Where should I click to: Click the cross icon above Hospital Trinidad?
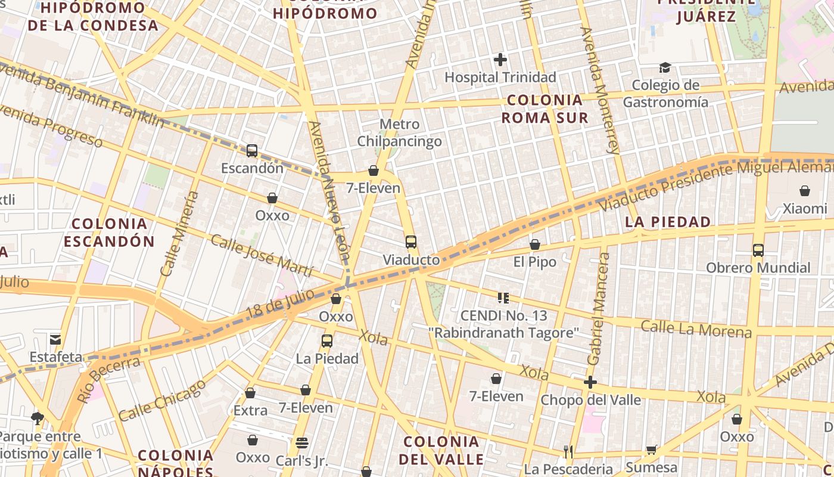click(x=500, y=60)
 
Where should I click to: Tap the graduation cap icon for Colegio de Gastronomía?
click(x=665, y=67)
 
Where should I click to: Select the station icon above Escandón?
click(x=252, y=151)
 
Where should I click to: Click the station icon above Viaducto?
click(x=411, y=242)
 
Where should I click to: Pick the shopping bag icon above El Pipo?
click(x=535, y=245)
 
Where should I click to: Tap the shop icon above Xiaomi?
click(x=805, y=191)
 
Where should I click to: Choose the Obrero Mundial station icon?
click(x=758, y=250)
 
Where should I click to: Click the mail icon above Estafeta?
click(x=55, y=339)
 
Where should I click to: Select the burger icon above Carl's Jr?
click(x=301, y=443)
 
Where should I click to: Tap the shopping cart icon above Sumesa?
click(x=651, y=450)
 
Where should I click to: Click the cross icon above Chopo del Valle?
click(x=590, y=382)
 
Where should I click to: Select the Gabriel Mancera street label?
click(x=599, y=309)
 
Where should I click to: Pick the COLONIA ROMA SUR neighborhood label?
click(x=544, y=109)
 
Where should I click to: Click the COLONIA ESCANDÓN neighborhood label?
click(x=109, y=233)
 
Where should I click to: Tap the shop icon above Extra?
click(x=250, y=394)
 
